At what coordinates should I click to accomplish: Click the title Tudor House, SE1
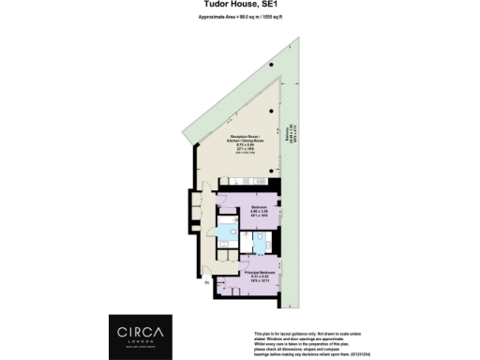click(239, 5)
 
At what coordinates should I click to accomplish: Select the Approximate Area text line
click(239, 18)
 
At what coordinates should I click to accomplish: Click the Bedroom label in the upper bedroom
click(260, 206)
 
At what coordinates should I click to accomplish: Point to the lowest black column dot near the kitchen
click(271, 172)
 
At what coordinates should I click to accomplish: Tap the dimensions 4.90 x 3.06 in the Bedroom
click(260, 213)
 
